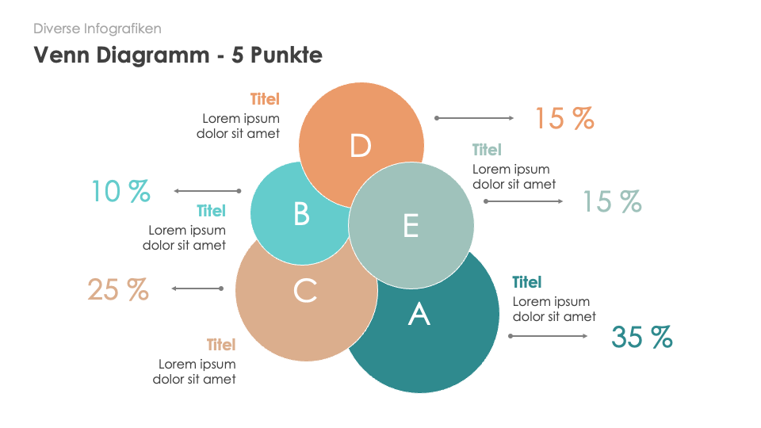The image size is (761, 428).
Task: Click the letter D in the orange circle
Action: tap(361, 146)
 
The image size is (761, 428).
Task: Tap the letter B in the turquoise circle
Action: tap(301, 214)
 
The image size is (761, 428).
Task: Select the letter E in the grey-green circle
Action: tap(411, 226)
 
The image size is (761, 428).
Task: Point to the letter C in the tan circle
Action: tap(305, 291)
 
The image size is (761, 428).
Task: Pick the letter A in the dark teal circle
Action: tap(419, 315)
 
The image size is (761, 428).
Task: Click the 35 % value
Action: tap(641, 338)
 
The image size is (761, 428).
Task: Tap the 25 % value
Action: tap(118, 289)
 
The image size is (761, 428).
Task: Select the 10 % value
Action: tap(120, 191)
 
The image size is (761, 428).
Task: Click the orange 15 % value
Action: tap(564, 119)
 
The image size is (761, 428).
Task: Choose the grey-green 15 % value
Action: tap(612, 201)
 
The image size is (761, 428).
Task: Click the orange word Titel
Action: tap(265, 100)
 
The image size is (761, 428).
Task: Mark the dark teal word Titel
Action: tap(527, 282)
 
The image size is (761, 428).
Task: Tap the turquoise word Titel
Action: tap(212, 211)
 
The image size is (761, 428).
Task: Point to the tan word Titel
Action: tap(221, 345)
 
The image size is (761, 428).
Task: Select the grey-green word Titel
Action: tap(487, 150)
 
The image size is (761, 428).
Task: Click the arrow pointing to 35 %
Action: tap(548, 336)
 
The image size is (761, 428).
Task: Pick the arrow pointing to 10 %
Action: tap(207, 191)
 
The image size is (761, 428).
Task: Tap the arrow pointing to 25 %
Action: tap(197, 289)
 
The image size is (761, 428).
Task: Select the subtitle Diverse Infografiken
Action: tap(98, 29)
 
